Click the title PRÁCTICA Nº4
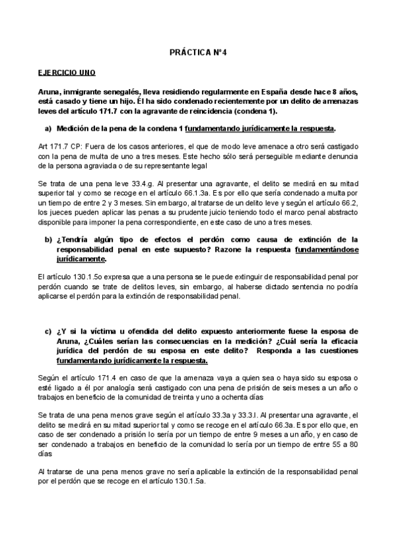[197, 50]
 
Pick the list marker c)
[48, 331]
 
